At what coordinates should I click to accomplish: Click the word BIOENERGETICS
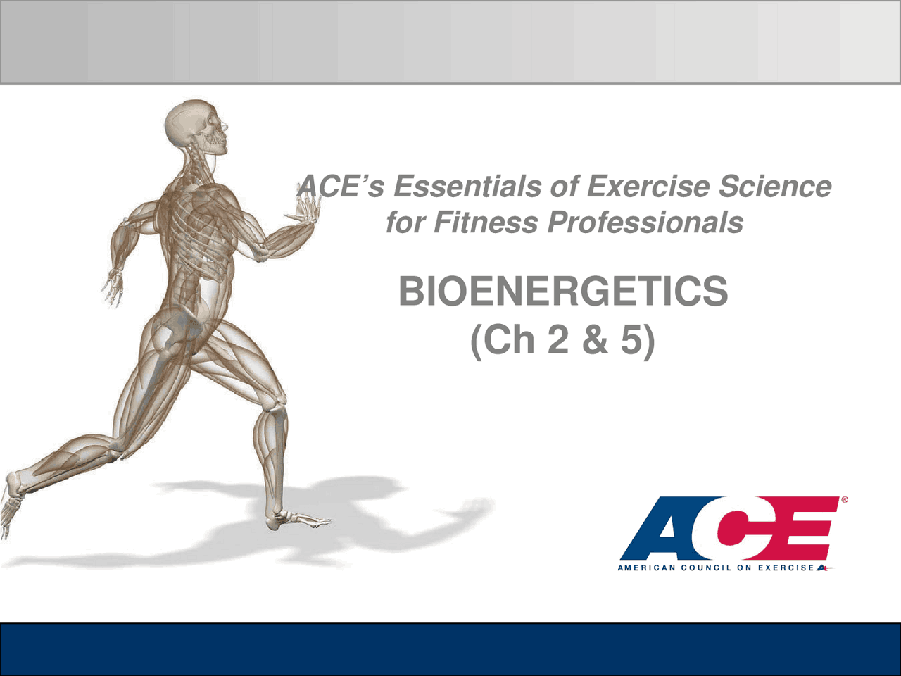(x=563, y=292)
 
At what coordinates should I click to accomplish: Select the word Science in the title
(x=774, y=187)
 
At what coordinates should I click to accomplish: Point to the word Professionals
(x=645, y=223)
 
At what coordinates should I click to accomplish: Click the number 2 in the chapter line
(x=557, y=339)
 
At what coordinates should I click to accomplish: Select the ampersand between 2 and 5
(x=595, y=339)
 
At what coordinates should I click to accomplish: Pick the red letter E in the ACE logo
(x=802, y=528)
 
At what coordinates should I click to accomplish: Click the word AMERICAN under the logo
(x=646, y=568)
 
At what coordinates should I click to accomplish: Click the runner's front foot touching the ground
(x=299, y=521)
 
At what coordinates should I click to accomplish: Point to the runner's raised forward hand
(x=306, y=209)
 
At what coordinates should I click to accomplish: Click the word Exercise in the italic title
(x=648, y=187)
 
